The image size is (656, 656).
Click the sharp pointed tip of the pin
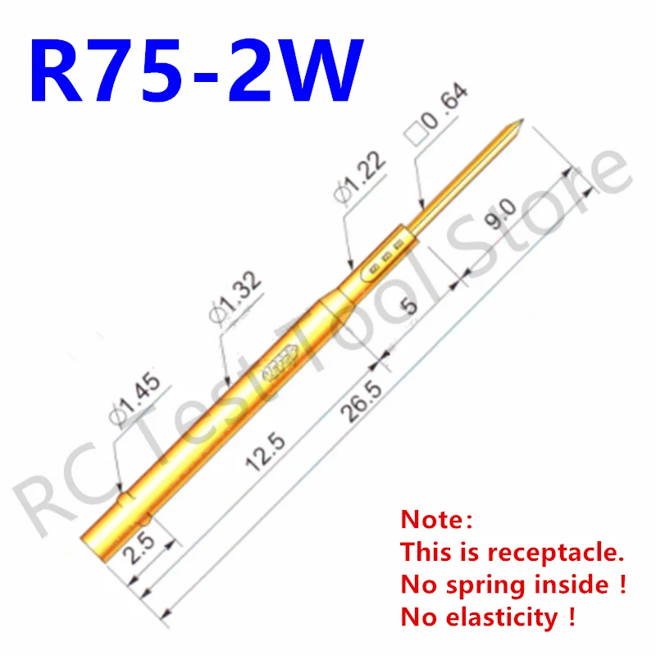point(518,124)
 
